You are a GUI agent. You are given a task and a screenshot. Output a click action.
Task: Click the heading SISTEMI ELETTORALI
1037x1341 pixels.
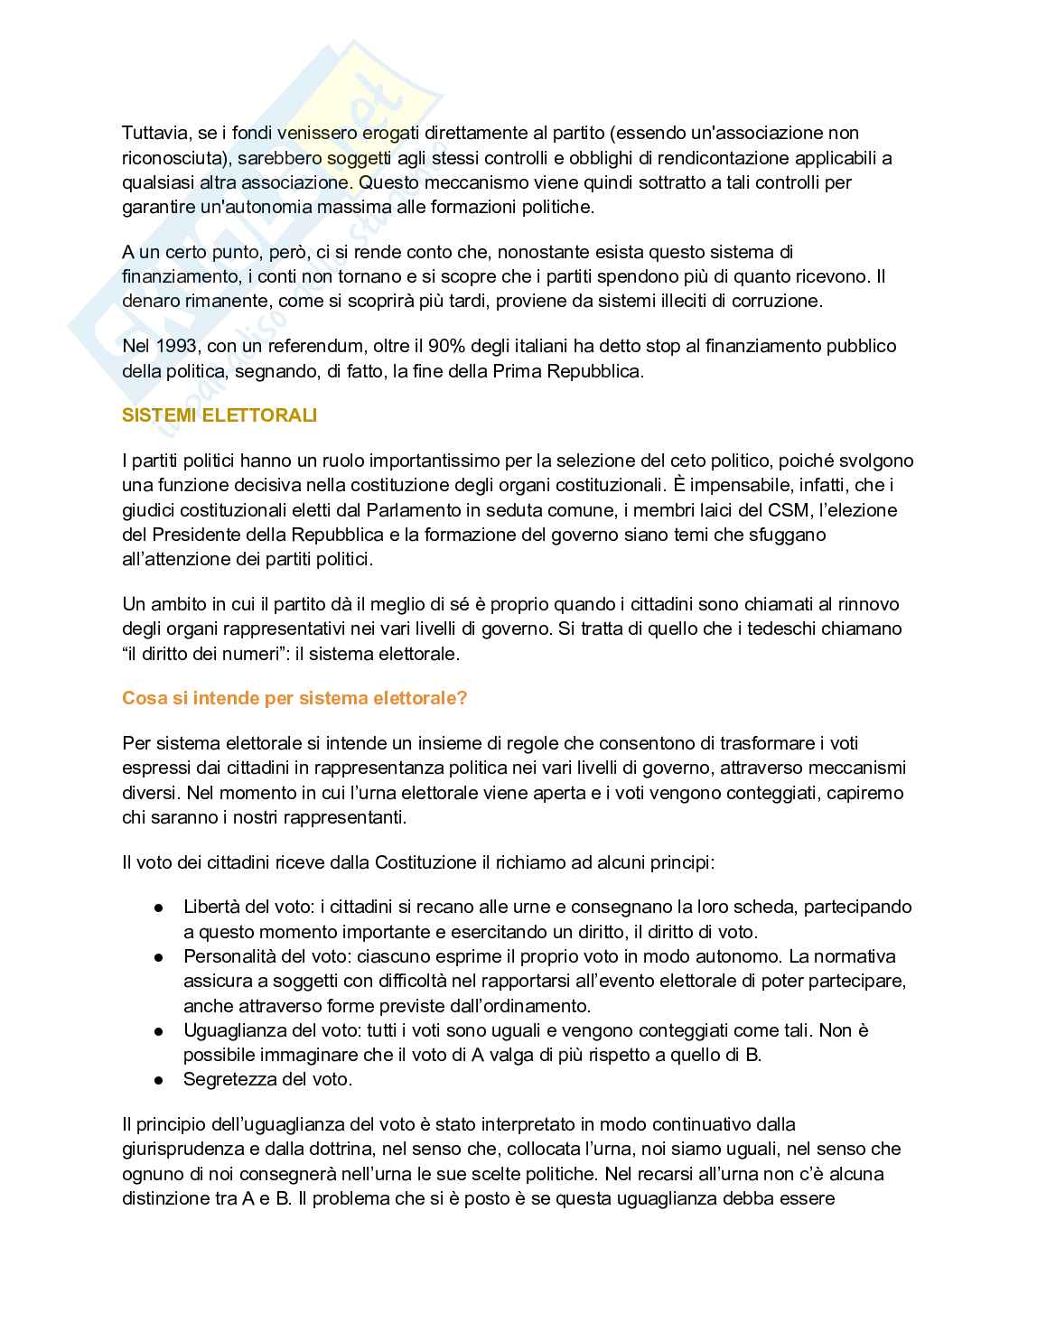[220, 415]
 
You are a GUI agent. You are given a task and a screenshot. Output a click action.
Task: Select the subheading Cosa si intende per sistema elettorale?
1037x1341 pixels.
[294, 698]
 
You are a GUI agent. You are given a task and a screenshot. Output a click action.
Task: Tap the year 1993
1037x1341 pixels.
[176, 346]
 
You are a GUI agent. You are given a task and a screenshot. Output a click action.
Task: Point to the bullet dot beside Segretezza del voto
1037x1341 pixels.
[158, 1080]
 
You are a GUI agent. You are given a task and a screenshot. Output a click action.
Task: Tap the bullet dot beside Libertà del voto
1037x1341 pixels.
[158, 908]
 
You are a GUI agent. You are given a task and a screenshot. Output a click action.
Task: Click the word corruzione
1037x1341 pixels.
[776, 301]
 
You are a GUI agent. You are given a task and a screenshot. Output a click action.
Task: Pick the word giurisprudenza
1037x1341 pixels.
[188, 1150]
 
